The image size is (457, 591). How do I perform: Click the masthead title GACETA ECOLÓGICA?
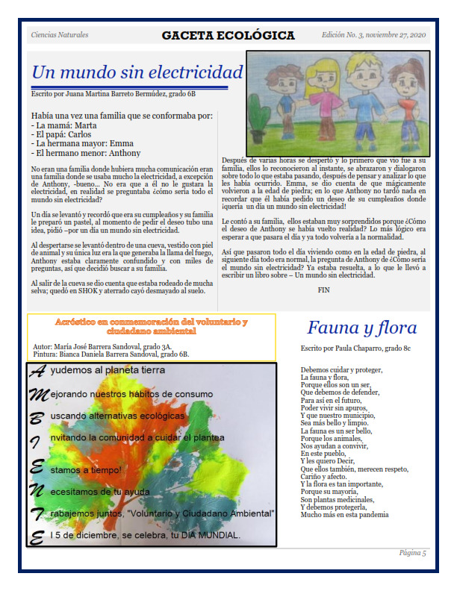[228, 36]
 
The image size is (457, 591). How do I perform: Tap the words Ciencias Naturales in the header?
[60, 35]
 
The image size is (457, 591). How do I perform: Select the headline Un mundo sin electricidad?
[137, 72]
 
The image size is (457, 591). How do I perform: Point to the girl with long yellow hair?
[316, 93]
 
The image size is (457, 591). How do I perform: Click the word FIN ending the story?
[323, 289]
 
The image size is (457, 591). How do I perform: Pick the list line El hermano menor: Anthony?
[86, 153]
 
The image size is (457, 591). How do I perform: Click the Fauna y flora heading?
[361, 328]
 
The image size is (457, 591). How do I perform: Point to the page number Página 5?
[412, 553]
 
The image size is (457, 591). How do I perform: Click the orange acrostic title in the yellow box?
[152, 325]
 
